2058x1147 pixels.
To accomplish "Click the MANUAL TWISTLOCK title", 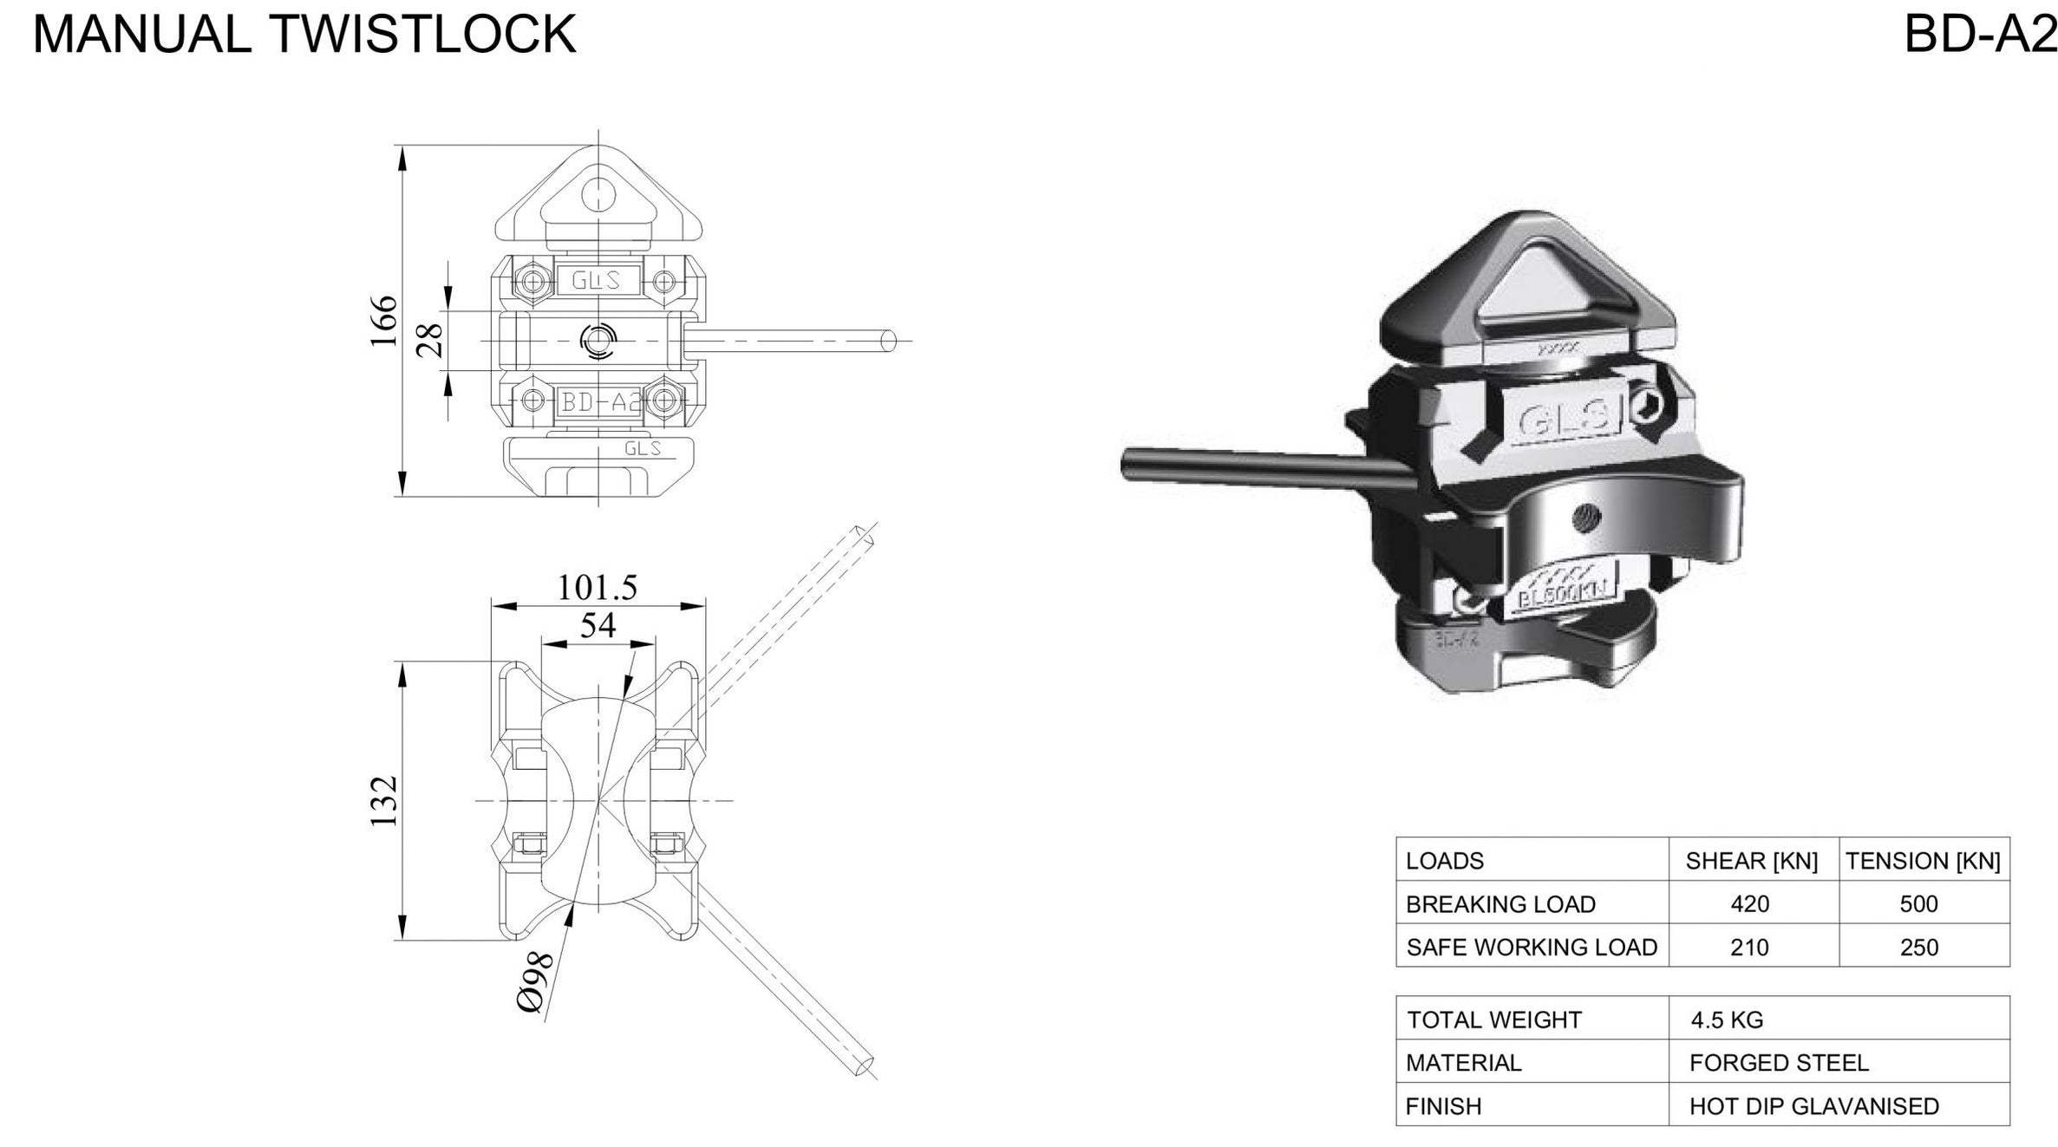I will click(x=304, y=35).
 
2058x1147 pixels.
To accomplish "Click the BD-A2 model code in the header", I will click(x=1980, y=35).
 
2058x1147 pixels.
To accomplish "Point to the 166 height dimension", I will click(x=383, y=321).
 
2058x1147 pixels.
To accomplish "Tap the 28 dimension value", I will click(x=430, y=340).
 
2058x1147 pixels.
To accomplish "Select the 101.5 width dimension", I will click(x=597, y=588).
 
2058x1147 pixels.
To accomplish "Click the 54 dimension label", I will click(x=598, y=625).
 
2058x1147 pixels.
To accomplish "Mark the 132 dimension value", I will click(x=383, y=800).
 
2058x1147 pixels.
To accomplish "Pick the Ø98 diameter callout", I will click(x=535, y=981).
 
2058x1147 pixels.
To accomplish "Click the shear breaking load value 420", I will click(x=1749, y=904).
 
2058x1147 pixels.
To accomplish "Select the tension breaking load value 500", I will click(x=1918, y=904).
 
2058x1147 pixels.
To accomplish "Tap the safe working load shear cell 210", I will click(x=1749, y=948).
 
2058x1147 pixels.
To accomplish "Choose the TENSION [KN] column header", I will click(x=1923, y=861).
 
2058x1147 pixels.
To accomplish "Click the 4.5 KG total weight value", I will click(x=1727, y=1020).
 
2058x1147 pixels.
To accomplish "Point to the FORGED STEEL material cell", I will click(x=1779, y=1063).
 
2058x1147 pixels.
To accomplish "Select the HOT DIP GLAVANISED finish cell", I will click(x=1813, y=1106).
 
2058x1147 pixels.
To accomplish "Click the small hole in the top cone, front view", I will click(x=598, y=193).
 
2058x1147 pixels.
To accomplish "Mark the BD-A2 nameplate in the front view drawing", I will click(x=599, y=401).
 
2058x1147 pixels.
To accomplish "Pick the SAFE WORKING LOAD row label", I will click(x=1532, y=948).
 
